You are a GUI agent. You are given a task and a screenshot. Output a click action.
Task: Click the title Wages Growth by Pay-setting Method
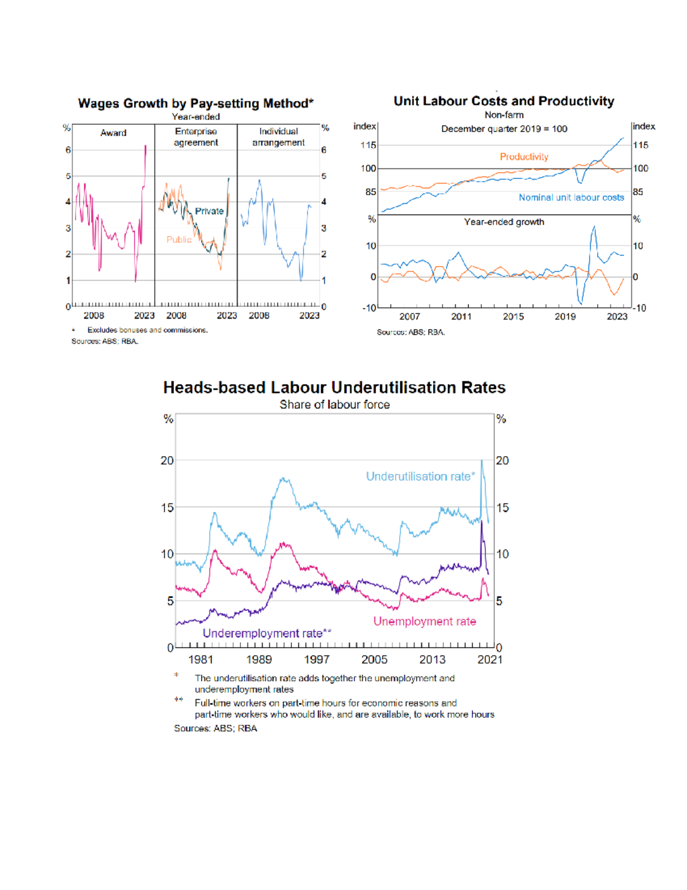click(196, 103)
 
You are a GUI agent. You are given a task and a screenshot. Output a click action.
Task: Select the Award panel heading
click(113, 133)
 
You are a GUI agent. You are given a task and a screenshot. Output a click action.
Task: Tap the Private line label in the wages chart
click(209, 211)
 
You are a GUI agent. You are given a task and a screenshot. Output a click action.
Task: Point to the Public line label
click(179, 240)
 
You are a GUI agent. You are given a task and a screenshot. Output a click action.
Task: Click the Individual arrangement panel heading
click(278, 137)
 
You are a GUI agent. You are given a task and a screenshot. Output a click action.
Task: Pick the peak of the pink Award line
click(145, 146)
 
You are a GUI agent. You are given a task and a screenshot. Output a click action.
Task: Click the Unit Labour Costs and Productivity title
click(504, 101)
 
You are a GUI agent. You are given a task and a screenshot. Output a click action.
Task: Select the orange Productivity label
click(524, 156)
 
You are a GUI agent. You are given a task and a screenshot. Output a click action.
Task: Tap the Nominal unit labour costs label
click(571, 197)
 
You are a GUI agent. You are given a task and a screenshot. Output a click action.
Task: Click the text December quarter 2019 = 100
click(504, 129)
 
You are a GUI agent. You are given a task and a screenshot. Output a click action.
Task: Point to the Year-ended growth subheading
click(504, 222)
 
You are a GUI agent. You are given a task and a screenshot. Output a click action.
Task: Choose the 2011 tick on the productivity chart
click(461, 316)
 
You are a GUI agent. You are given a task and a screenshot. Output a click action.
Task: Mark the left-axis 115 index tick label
click(368, 145)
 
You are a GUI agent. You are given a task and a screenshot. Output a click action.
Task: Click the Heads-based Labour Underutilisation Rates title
click(334, 387)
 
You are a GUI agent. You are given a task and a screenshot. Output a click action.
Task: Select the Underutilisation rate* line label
click(420, 476)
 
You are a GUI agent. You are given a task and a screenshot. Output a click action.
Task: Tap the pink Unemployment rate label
click(424, 621)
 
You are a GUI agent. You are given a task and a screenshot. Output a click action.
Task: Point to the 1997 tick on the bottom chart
click(317, 660)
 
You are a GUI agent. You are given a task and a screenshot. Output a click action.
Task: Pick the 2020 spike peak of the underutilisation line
click(481, 461)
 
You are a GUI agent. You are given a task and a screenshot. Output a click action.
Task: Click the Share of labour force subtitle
click(334, 405)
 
